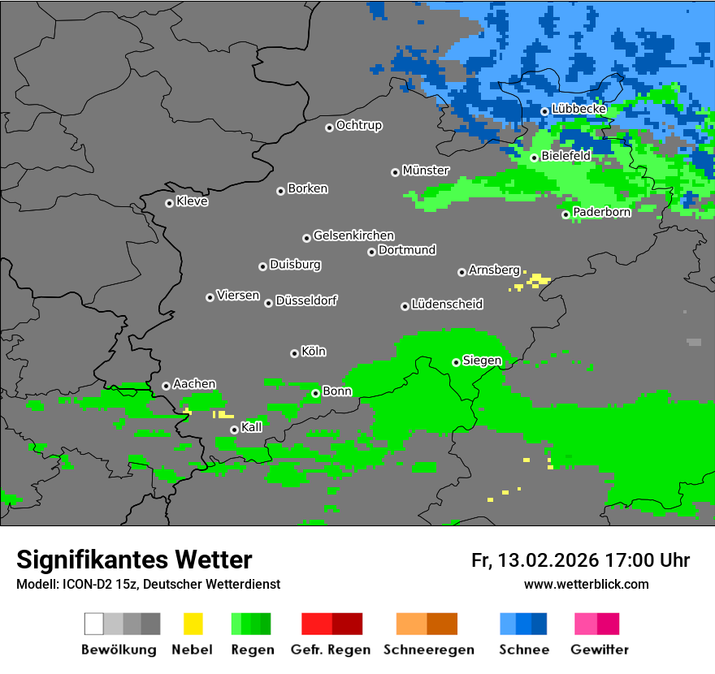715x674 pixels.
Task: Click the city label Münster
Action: (426, 171)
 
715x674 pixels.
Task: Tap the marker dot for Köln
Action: (294, 353)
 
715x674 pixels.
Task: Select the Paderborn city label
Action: (601, 212)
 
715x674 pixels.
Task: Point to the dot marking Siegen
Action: (456, 362)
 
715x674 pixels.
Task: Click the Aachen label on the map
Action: (194, 384)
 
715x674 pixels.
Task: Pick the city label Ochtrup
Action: (358, 126)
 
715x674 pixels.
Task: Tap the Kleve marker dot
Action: (169, 203)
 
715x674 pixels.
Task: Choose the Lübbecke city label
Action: (578, 109)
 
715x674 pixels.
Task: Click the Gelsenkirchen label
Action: (353, 235)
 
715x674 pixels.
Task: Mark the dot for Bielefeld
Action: (534, 158)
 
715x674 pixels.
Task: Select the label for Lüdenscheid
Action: (447, 305)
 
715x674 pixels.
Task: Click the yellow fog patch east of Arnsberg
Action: (537, 281)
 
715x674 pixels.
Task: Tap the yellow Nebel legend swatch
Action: (193, 624)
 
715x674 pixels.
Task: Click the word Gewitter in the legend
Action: (599, 650)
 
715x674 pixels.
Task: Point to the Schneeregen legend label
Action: (427, 650)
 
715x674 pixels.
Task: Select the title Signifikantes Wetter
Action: (134, 560)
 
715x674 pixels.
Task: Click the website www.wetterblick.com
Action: (586, 585)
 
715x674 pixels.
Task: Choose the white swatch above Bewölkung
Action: (94, 624)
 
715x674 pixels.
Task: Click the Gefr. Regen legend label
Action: (331, 650)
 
